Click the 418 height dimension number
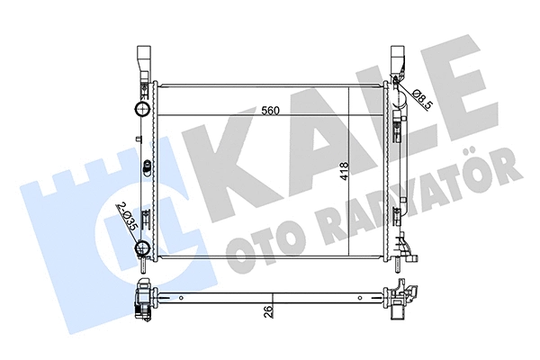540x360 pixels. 343,172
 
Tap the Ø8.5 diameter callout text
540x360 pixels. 423,90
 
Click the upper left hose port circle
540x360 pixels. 140,111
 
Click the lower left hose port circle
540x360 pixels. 142,249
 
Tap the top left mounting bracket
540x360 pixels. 143,62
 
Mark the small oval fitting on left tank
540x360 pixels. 145,166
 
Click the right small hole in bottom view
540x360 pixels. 361,298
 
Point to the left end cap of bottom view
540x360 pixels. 141,301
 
